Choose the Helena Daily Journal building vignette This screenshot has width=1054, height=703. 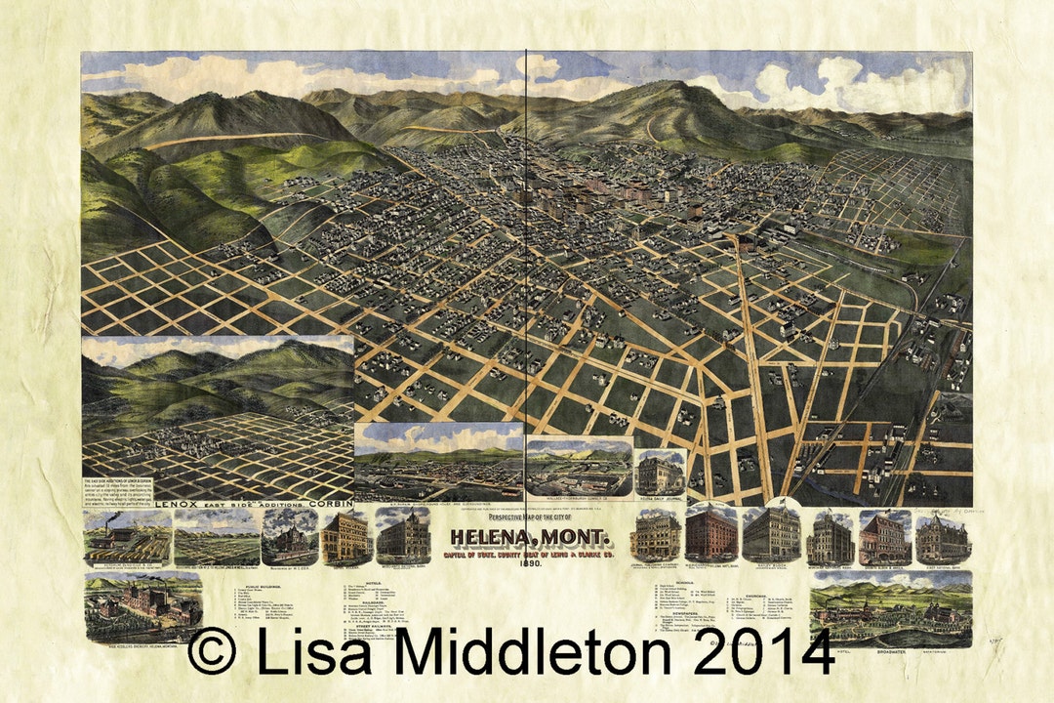[660, 473]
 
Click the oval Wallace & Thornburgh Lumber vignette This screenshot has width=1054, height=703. [578, 467]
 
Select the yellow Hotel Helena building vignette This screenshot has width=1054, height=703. [345, 536]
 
